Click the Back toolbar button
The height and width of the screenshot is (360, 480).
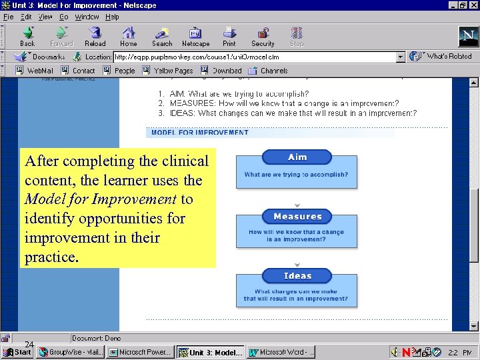(x=27, y=36)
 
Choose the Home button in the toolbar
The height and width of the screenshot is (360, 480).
(x=129, y=36)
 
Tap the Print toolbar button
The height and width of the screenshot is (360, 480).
(x=229, y=36)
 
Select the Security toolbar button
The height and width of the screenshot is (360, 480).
(x=263, y=36)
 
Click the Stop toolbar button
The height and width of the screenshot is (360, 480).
(x=297, y=36)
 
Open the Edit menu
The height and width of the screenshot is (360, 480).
(x=26, y=17)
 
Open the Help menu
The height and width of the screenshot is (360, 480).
(x=112, y=17)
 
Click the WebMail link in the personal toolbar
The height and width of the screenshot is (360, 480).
(x=35, y=71)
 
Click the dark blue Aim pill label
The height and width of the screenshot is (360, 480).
(x=297, y=157)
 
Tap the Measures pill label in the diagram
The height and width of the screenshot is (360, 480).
(x=297, y=217)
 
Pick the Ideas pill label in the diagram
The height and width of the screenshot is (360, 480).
(x=297, y=276)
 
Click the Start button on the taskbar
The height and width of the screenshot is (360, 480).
(x=17, y=352)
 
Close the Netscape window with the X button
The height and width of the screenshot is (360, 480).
(x=472, y=5)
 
